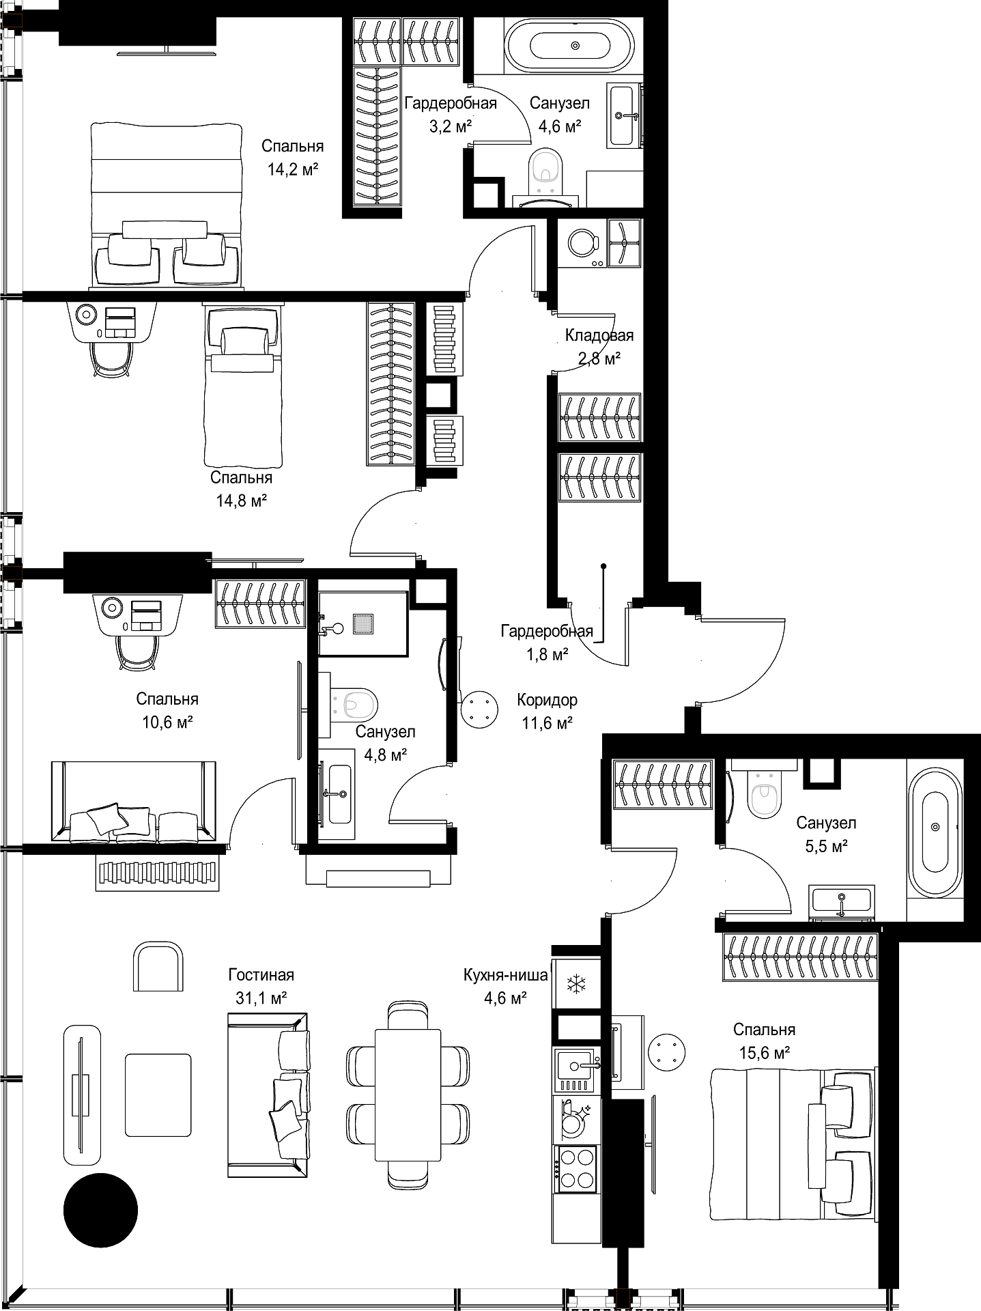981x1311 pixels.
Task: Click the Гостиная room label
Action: coord(261,975)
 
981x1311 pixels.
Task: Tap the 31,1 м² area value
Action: coord(261,998)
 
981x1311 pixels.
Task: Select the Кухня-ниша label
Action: coord(505,975)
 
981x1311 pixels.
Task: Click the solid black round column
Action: coord(100,1210)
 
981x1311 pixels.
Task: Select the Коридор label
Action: coord(547,700)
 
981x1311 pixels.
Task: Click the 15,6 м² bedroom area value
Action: coord(765,1053)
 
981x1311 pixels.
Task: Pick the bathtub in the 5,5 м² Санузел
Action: coord(935,827)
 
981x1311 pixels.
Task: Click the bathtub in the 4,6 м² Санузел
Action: coord(575,45)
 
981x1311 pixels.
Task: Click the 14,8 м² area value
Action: coord(241,501)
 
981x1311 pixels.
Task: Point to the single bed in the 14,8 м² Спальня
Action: coord(244,385)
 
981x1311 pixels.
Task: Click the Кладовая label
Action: coord(599,335)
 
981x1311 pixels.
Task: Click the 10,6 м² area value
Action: coord(167,722)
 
